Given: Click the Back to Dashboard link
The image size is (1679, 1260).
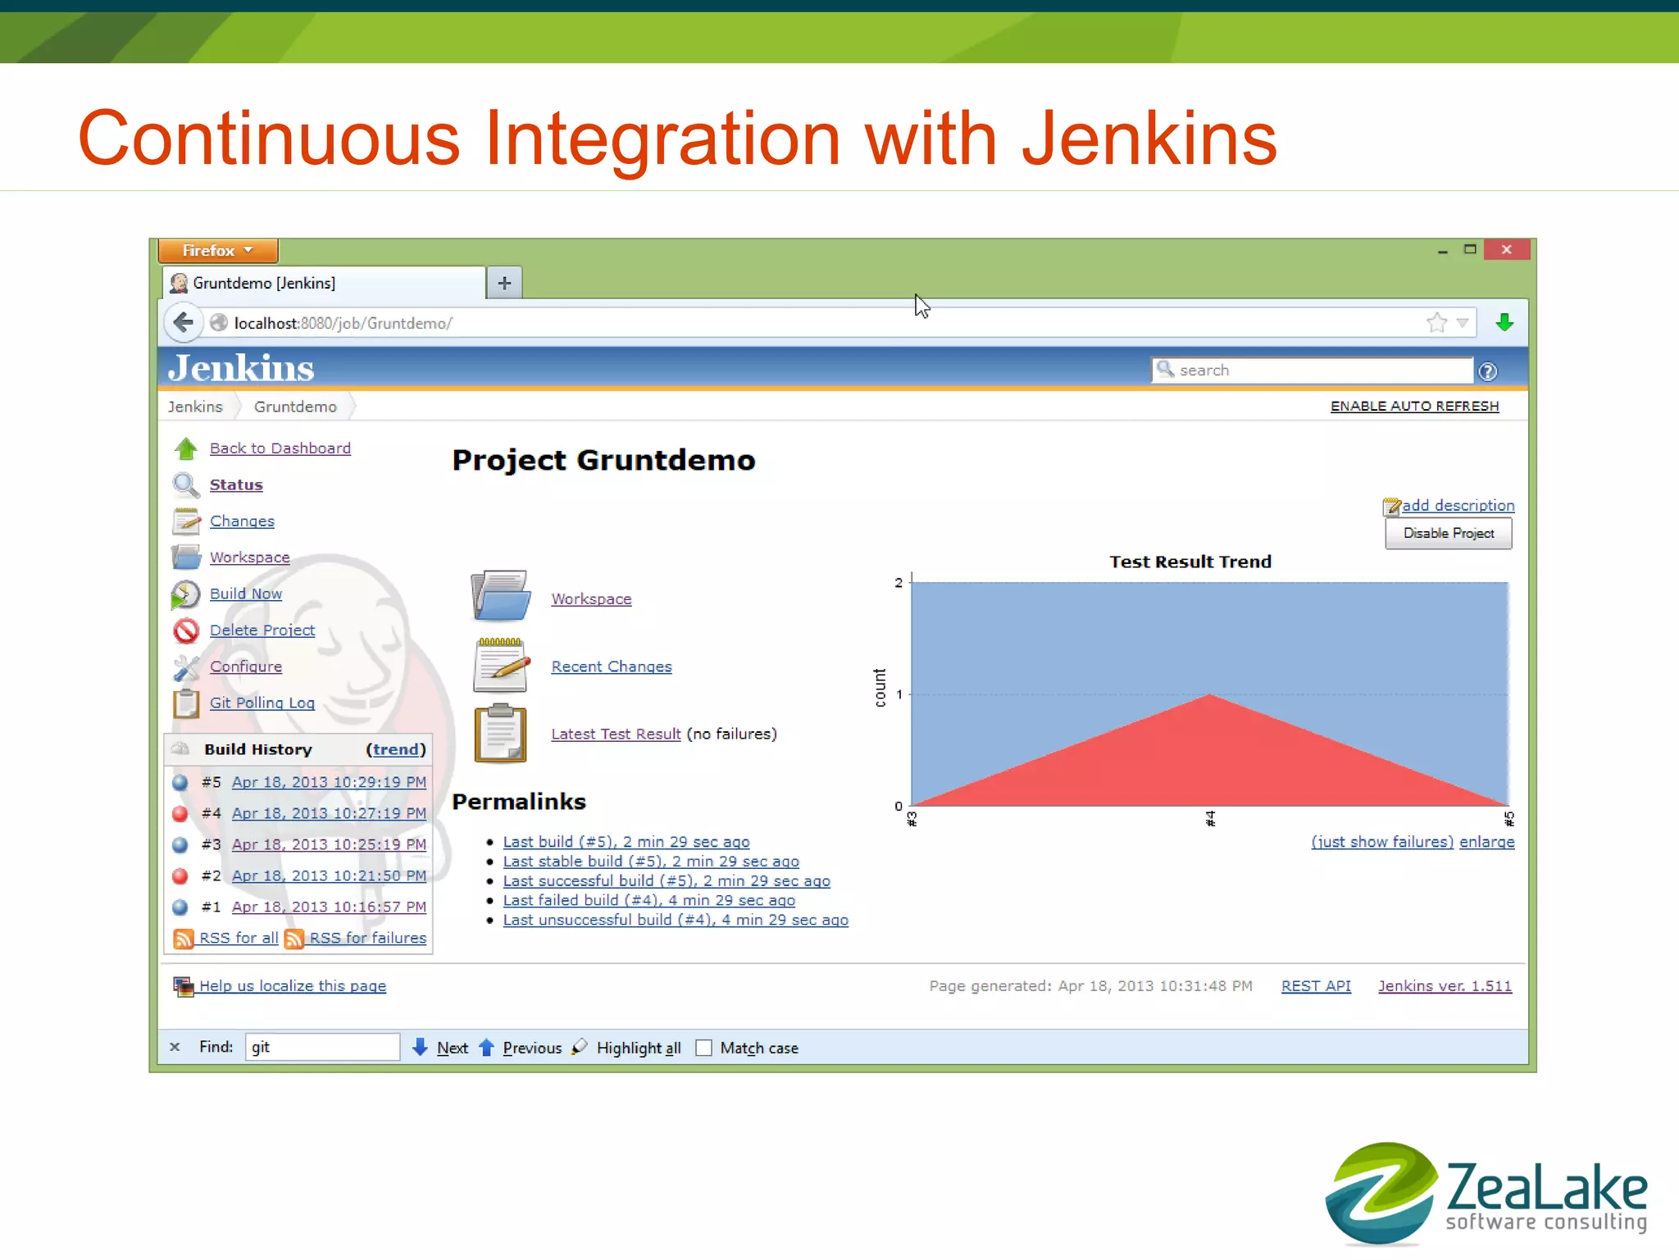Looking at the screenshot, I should pos(280,448).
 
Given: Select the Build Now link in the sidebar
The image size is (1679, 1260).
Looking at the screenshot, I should pos(245,594).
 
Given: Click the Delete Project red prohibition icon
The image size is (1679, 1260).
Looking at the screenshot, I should pos(186,630).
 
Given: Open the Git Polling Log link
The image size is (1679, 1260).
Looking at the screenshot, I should pos(262,703).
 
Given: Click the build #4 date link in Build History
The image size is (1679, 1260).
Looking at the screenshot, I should pos(329,813).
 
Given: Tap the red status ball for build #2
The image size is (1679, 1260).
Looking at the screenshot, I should pos(180,876).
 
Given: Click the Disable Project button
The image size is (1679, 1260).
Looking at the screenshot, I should pos(1448,534).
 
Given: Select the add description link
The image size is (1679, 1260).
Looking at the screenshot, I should pos(1457,506).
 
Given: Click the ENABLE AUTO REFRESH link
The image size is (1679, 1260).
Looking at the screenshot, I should pos(1413,407).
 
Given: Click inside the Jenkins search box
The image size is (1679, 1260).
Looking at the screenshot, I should pos(1320,371).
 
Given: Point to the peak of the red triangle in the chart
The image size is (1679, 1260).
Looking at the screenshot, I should pos(1210,695).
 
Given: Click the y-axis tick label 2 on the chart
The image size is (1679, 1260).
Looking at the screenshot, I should pos(899,583).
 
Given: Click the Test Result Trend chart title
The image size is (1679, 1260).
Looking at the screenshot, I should pos(1190,562).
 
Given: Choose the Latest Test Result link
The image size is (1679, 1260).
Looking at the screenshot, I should pos(616,735).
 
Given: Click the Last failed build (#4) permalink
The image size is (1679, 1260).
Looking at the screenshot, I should pos(648,900).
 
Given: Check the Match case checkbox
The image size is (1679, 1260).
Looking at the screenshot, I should pos(703,1048).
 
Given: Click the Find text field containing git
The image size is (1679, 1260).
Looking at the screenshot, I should pos(321,1047).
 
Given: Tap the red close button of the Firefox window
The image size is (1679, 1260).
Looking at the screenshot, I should pos(1506,250).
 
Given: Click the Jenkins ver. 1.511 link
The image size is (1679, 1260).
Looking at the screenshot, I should pos(1445,986).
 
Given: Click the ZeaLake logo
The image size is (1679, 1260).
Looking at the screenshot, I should pos(1485,1193).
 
